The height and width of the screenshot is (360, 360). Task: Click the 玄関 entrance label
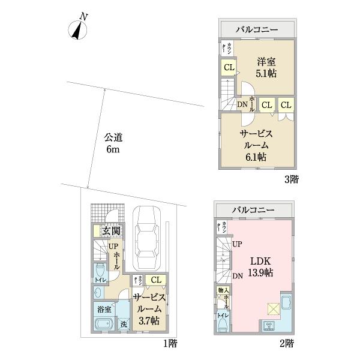point(109,231)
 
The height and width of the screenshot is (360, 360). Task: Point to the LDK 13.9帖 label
point(262,268)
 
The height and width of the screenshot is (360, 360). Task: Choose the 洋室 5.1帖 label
point(264,67)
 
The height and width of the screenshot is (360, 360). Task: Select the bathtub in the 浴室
point(104,326)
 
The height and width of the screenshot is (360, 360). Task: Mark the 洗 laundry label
point(123,325)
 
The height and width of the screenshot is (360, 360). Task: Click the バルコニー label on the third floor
point(256,29)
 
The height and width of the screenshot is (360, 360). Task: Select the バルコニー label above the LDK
point(253,210)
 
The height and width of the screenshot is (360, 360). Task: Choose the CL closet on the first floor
point(155,280)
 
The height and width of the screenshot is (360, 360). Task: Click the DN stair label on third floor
point(242,105)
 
